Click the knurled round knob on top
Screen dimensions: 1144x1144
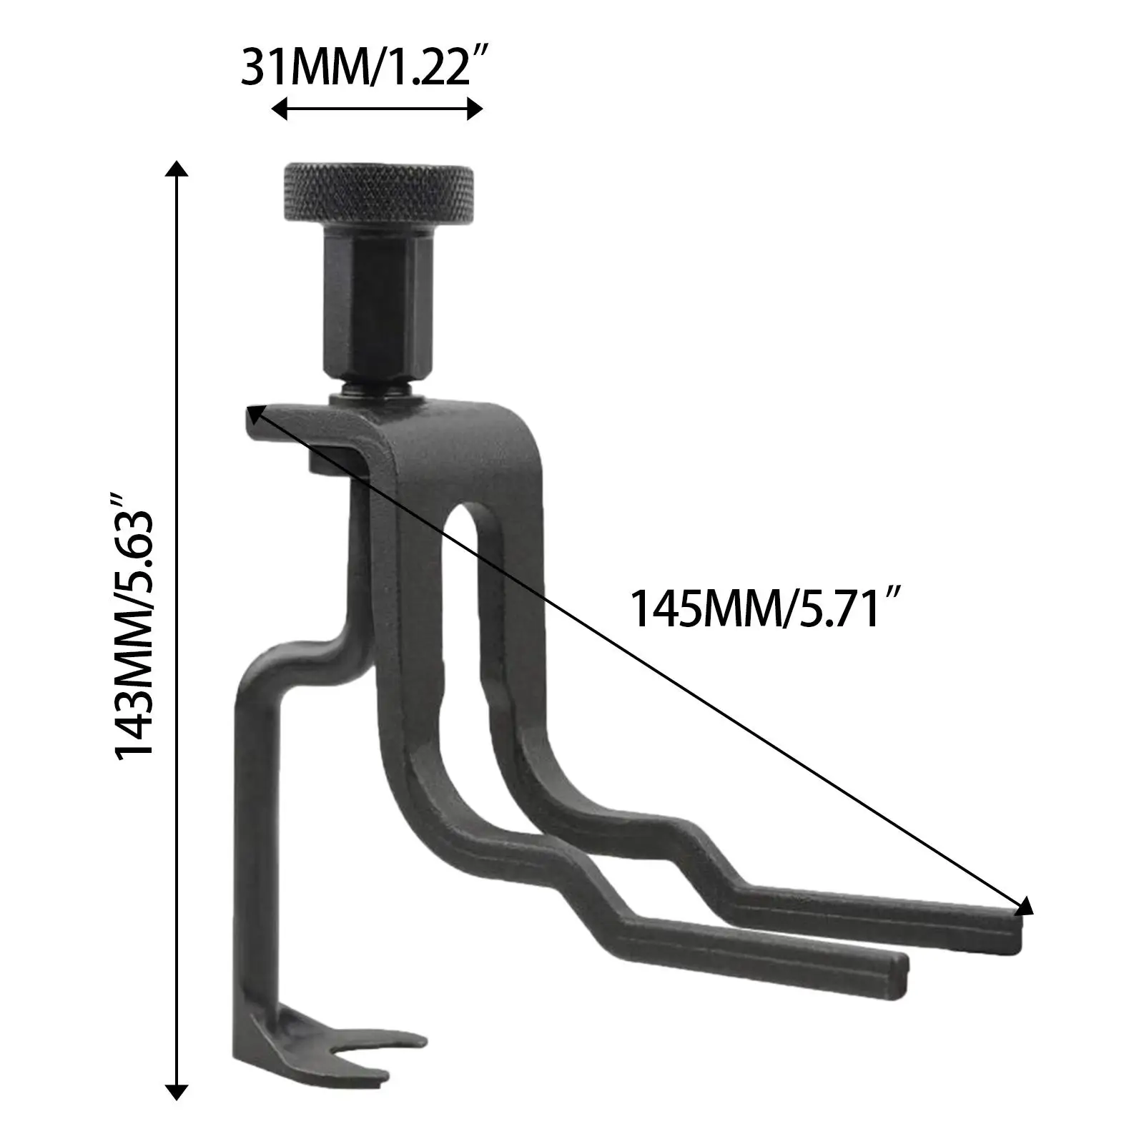pyautogui.click(x=379, y=194)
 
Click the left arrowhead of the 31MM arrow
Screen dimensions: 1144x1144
pyautogui.click(x=280, y=109)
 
